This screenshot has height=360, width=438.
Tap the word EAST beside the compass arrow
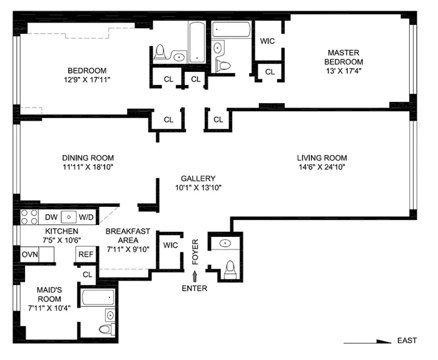[x=407, y=341]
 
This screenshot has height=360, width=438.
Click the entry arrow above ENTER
[x=195, y=274]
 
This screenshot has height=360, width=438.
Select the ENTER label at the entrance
[x=195, y=288]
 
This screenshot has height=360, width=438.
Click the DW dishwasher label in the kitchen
[x=52, y=217]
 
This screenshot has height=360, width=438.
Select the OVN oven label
[x=29, y=254]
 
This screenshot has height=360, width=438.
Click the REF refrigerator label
[x=84, y=254]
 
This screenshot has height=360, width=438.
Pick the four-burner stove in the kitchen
[x=29, y=217]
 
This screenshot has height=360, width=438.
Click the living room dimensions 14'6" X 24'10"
[x=322, y=167]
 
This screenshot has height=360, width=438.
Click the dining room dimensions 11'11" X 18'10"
[x=88, y=167]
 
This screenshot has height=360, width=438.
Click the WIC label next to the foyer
[x=170, y=245]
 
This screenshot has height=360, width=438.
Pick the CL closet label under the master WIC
[x=270, y=72]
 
